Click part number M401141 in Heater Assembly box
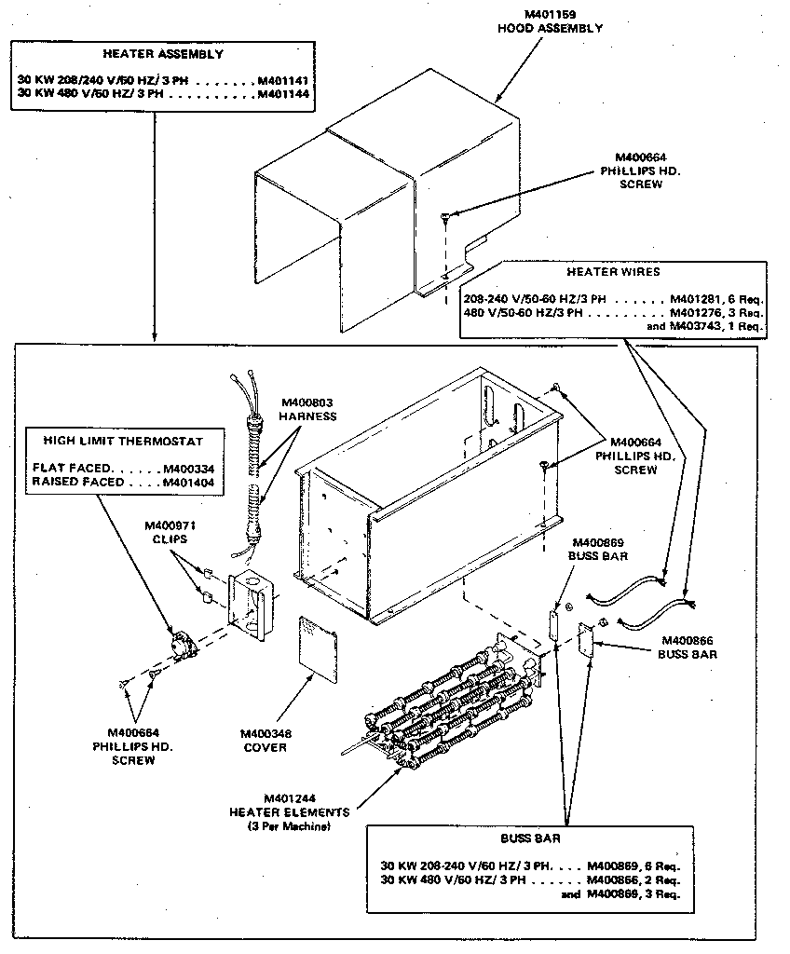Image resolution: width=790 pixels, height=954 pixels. [283, 81]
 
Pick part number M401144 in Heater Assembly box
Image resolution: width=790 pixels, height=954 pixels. [283, 94]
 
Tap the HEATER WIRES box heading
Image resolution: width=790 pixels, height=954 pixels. [613, 272]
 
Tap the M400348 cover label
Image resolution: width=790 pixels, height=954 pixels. [266, 734]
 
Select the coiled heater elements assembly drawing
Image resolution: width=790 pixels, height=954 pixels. [443, 707]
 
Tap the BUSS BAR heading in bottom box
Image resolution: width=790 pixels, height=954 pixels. [526, 838]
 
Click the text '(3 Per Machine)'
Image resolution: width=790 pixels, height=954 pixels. [289, 826]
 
